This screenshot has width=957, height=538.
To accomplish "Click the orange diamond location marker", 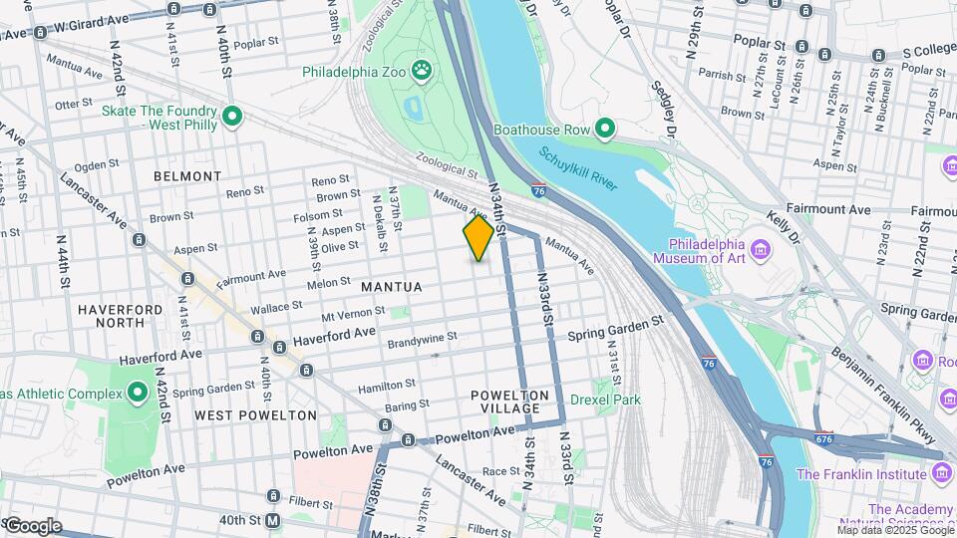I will point(478,237).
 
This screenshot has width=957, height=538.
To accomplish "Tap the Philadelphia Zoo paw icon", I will point(423,71).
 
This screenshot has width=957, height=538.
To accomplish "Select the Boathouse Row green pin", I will point(603,128).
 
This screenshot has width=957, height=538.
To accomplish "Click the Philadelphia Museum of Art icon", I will point(761,245).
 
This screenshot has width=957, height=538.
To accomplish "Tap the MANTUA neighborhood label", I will point(391,287).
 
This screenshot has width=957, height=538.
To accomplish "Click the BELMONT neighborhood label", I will point(187,176).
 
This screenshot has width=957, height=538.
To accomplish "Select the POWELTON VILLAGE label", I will point(509,403).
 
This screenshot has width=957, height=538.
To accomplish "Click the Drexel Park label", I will point(605,401).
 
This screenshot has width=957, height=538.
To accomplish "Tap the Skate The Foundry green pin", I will point(232,118).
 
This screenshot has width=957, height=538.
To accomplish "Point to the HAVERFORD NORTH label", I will point(120,316).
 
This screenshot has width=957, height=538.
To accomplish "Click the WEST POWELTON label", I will point(255,415).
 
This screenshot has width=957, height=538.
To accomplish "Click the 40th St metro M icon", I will point(273,520).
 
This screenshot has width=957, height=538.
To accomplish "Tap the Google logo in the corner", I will point(33,526).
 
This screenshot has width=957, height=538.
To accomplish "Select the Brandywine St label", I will point(422,337).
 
